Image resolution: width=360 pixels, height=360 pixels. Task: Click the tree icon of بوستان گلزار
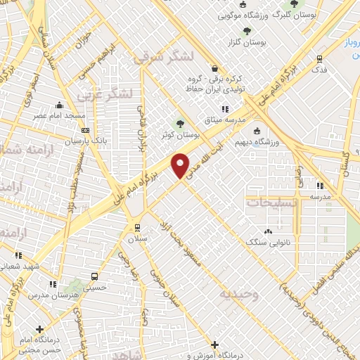tap(247, 30)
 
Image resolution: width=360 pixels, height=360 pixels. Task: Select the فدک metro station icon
tap(320, 59)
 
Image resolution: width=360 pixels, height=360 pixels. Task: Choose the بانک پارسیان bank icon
tap(86, 130)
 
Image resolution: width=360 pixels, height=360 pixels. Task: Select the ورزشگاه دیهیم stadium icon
tap(256, 130)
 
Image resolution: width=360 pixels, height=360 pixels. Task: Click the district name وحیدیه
tap(239, 294)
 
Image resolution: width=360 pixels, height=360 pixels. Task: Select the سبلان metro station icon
tap(137, 228)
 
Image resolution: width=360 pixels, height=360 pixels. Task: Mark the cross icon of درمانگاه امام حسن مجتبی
tap(40, 328)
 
